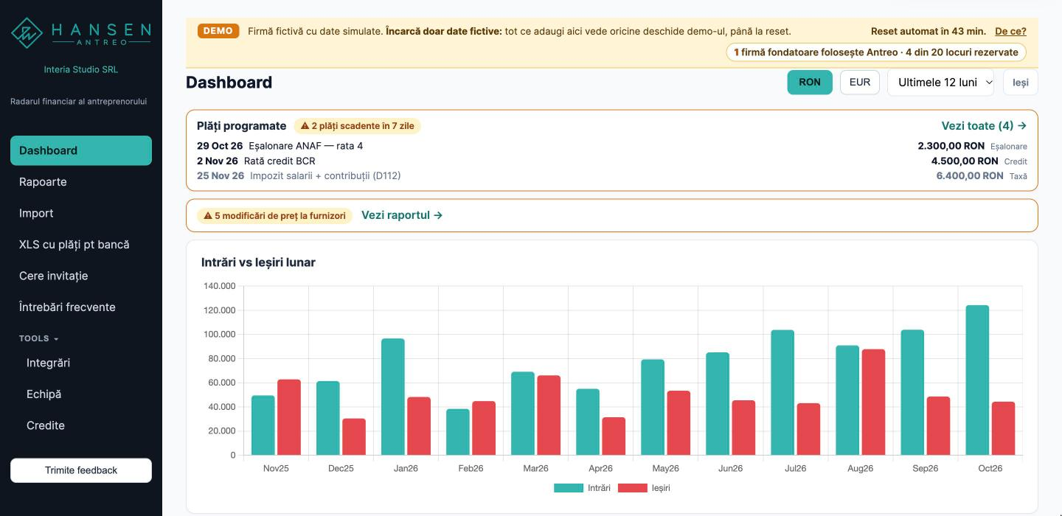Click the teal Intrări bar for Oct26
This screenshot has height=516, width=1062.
click(x=977, y=380)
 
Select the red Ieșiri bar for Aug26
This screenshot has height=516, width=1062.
click(x=873, y=402)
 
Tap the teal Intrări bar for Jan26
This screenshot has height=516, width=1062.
click(x=392, y=397)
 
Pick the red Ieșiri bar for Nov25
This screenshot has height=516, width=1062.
click(x=289, y=417)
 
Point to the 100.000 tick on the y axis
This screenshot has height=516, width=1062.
click(x=220, y=334)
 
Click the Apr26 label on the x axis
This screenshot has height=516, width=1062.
click(x=600, y=468)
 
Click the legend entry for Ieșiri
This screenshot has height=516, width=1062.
click(x=644, y=487)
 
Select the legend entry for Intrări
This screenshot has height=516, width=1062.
click(x=582, y=487)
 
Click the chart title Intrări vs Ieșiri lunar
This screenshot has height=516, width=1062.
click(x=258, y=262)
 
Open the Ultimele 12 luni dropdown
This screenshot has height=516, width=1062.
click(x=940, y=83)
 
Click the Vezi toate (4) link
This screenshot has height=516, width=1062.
click(x=984, y=125)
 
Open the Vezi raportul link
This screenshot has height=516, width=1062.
click(x=401, y=215)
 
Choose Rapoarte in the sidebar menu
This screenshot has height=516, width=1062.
click(x=43, y=182)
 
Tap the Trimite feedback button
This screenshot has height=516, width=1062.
click(x=81, y=470)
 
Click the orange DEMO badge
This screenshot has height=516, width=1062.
click(x=218, y=31)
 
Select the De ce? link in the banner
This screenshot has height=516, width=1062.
click(x=1010, y=31)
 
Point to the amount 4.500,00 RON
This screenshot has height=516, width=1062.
click(x=965, y=161)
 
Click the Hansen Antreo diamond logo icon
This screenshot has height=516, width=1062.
click(x=27, y=32)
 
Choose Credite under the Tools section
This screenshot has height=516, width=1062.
click(x=46, y=425)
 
